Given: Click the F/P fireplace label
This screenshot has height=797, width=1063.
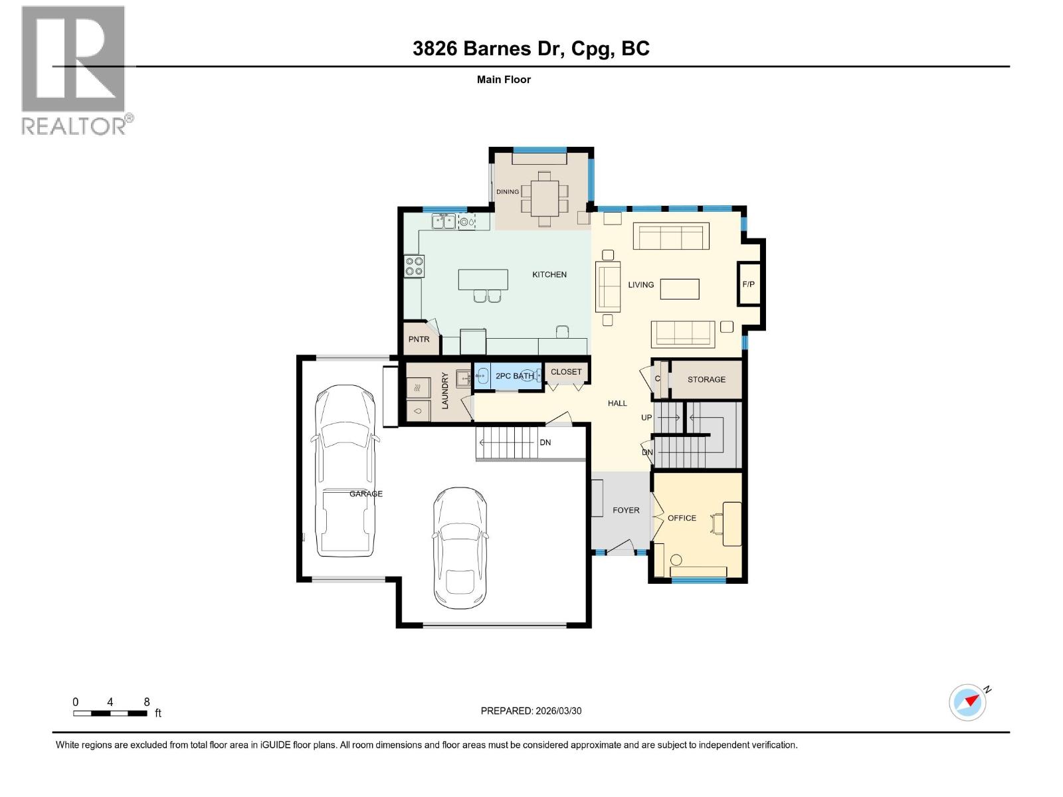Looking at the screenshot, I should tap(748, 284).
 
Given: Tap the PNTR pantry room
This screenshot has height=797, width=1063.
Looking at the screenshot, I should tap(419, 339).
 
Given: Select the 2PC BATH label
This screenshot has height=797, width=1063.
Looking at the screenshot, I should tap(514, 376).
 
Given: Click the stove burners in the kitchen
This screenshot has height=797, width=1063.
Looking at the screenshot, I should tap(415, 266).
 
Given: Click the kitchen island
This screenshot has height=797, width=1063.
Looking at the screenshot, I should tap(483, 279).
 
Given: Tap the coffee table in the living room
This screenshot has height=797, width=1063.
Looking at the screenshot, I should tap(680, 289).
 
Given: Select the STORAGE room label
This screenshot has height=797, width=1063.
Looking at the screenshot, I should tap(706, 379).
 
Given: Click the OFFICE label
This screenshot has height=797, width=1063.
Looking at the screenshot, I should tap(682, 518).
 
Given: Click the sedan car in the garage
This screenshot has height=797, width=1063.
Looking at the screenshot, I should tap(460, 549).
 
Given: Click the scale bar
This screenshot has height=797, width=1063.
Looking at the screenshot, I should tap(110, 713).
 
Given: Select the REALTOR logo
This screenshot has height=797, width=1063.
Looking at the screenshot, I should tap(74, 70).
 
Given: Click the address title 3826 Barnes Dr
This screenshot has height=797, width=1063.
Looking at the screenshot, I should tap(531, 48).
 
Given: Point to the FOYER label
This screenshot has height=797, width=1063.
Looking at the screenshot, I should tap(626, 510).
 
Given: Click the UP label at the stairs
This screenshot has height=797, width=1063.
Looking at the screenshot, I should tap(646, 418).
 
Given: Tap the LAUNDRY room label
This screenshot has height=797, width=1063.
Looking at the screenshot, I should tap(445, 391).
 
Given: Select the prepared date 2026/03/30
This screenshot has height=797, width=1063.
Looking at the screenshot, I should tap(531, 711).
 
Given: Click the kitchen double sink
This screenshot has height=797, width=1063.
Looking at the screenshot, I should tap(443, 221).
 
